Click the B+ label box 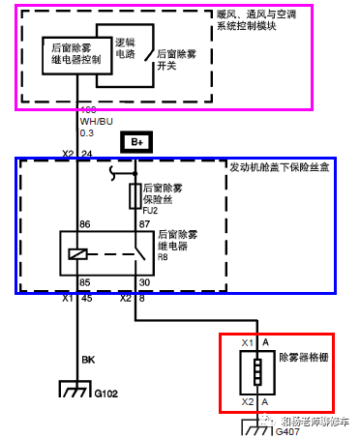(136, 142)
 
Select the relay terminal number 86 (85, 224)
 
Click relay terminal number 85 (85, 283)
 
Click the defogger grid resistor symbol (258, 372)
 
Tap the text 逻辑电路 (126, 49)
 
